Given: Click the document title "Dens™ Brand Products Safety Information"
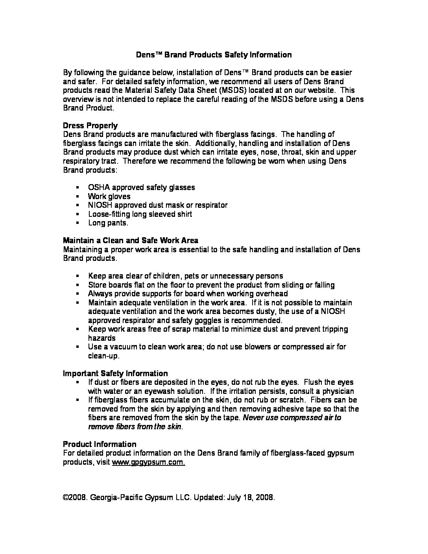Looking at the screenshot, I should (214, 55).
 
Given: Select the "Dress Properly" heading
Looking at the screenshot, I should (90, 126).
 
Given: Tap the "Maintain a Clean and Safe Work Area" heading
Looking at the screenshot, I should (131, 240).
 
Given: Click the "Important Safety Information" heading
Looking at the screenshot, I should (115, 373).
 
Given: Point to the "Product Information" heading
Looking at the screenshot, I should (100, 444).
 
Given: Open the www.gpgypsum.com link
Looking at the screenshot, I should (148, 462).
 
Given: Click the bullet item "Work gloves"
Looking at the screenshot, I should (109, 196).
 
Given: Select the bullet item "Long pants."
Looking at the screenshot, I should (108, 223).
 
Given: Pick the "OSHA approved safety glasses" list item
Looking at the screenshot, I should (141, 187).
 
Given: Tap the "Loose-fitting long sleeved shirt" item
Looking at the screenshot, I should (140, 214).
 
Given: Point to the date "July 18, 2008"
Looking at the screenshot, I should (250, 497).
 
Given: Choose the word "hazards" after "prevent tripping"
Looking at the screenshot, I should (101, 338).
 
